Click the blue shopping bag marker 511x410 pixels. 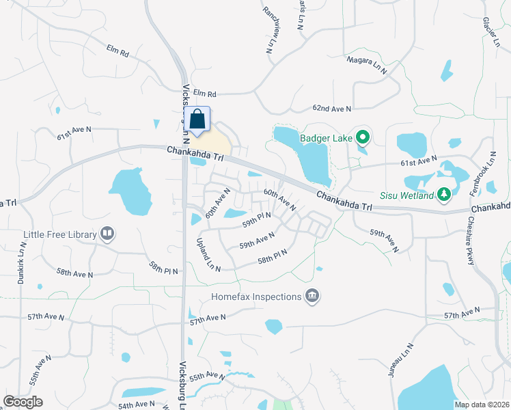(x=197, y=120)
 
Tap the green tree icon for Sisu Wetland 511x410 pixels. (x=444, y=195)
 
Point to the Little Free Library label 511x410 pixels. (x=60, y=234)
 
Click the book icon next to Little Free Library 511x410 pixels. (x=107, y=234)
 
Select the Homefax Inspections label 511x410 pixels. (x=256, y=297)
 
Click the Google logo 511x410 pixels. (x=23, y=402)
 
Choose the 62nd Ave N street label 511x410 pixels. (x=331, y=109)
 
